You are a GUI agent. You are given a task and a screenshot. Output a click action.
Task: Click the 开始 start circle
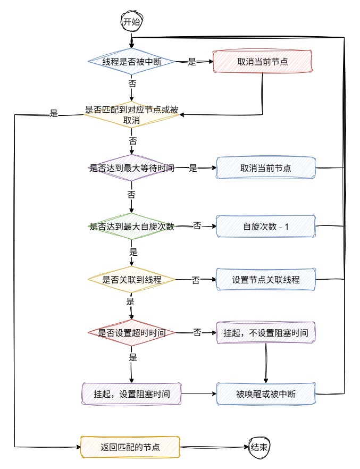point(131,22)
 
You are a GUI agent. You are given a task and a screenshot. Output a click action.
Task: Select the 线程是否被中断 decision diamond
point(131,62)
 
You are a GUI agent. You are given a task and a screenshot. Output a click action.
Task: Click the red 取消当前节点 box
point(263,62)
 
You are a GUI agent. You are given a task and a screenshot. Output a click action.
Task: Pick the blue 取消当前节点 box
point(265,168)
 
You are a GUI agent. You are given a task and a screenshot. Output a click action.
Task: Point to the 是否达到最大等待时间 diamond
point(131,168)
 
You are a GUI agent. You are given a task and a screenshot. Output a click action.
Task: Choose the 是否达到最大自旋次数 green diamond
point(131,227)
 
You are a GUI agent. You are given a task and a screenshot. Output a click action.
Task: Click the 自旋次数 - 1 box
point(265,227)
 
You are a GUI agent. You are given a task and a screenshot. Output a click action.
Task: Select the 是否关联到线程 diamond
point(131,279)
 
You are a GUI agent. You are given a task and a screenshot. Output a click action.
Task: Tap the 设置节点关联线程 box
point(265,279)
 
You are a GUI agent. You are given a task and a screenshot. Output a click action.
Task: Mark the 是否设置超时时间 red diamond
point(131,333)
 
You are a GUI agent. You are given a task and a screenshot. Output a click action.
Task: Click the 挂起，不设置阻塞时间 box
point(265,333)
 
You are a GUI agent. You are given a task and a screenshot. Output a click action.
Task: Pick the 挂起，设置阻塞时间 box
point(131,394)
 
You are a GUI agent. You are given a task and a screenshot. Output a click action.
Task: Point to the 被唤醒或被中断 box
point(265,394)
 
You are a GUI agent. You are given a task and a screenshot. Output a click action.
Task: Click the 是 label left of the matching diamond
point(53,113)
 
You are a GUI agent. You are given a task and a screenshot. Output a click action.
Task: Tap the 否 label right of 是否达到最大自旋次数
point(197,226)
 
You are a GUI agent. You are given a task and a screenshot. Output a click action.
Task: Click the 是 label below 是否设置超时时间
point(132,357)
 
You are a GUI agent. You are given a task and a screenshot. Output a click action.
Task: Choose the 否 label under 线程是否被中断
point(132,83)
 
